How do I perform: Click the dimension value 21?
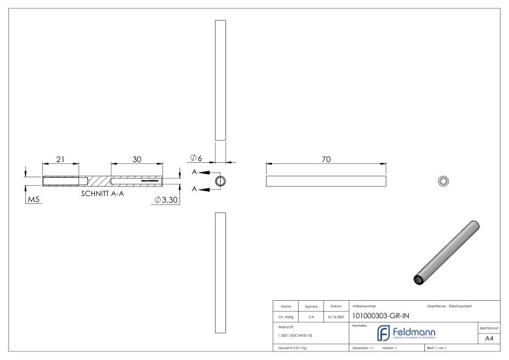coord(61,159)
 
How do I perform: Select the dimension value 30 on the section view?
coord(137,159)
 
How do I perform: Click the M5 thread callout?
coord(33,200)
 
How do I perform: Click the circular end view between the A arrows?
coord(221,181)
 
